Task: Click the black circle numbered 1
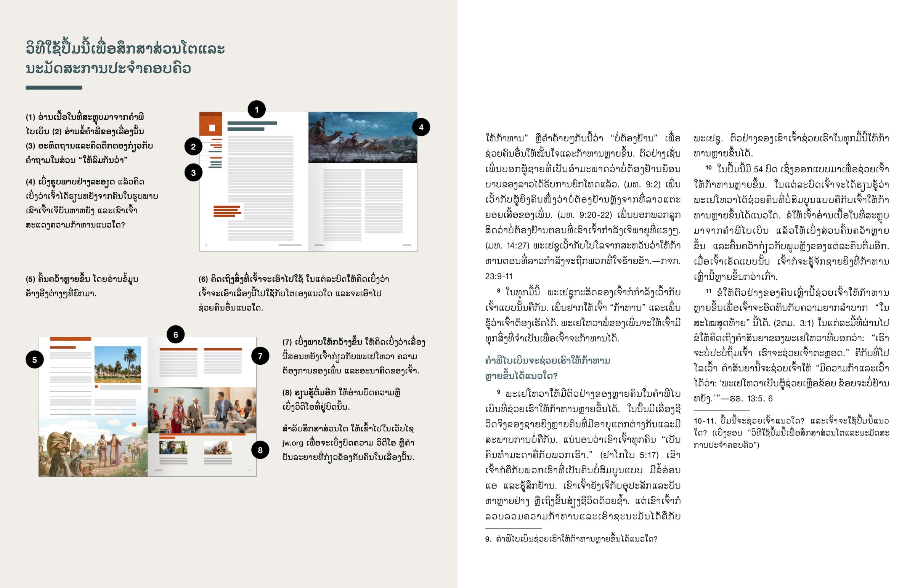click(x=257, y=110)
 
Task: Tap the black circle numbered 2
click(x=193, y=147)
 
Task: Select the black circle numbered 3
click(x=193, y=173)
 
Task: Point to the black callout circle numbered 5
click(x=34, y=360)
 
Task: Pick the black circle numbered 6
click(x=176, y=335)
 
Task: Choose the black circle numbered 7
click(x=260, y=356)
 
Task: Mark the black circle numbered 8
click(x=260, y=450)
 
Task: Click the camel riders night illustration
click(x=363, y=138)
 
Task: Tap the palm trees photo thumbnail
click(x=118, y=364)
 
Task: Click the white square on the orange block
click(x=212, y=128)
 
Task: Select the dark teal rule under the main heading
click(x=54, y=88)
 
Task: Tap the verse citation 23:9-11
click(x=498, y=276)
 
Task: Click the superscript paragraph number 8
click(x=498, y=290)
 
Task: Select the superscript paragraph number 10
click(x=708, y=167)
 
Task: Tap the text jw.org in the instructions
click(x=292, y=443)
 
